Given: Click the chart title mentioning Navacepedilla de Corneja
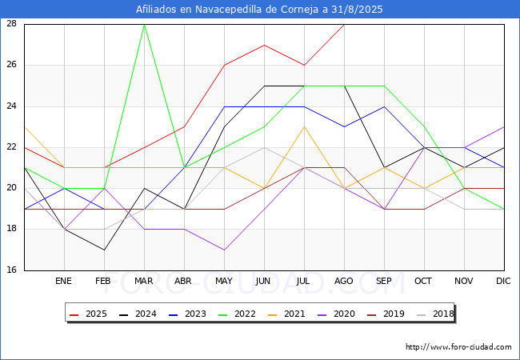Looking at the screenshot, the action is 259,10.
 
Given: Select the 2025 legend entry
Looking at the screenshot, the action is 88,314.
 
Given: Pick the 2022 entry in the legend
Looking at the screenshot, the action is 237,314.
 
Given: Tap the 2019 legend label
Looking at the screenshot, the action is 386,314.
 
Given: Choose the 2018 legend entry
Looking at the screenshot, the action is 435,314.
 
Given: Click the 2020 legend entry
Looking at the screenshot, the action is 336,314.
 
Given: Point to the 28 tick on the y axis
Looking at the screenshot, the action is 12,23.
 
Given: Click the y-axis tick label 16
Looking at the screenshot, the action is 12,270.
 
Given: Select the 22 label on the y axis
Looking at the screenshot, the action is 12,147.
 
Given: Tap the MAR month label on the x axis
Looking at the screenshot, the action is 143,281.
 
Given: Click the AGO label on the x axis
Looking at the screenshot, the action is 343,281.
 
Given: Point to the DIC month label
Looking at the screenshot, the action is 503,281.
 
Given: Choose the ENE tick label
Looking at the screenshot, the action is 63,281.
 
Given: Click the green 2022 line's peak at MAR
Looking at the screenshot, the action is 144,25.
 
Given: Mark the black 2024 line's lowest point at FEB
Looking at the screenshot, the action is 105,250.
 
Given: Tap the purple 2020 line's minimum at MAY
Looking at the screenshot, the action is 225,250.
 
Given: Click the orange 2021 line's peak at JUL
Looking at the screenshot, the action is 305,127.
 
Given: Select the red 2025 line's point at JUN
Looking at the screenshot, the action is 264,45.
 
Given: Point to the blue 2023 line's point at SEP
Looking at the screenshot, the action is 384,106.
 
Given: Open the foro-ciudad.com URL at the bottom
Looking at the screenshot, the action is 458,347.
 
